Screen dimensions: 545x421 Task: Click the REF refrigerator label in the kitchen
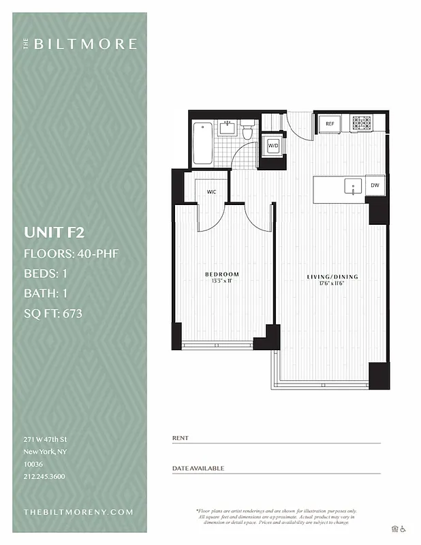(330, 123)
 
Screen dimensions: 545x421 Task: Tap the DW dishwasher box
(375, 185)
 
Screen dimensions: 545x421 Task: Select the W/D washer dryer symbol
(272, 146)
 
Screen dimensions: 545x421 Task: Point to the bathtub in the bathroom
(202, 143)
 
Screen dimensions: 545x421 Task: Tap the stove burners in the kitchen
(361, 123)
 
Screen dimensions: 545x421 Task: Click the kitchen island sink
(352, 186)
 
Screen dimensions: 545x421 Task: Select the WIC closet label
(212, 192)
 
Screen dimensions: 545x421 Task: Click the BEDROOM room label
(222, 275)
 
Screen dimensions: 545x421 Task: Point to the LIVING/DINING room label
(332, 277)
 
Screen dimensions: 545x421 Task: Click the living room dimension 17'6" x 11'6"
(332, 285)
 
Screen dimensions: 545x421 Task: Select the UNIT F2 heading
(54, 232)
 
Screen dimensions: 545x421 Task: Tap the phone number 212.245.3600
(44, 476)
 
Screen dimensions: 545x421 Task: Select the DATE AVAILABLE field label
(198, 468)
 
